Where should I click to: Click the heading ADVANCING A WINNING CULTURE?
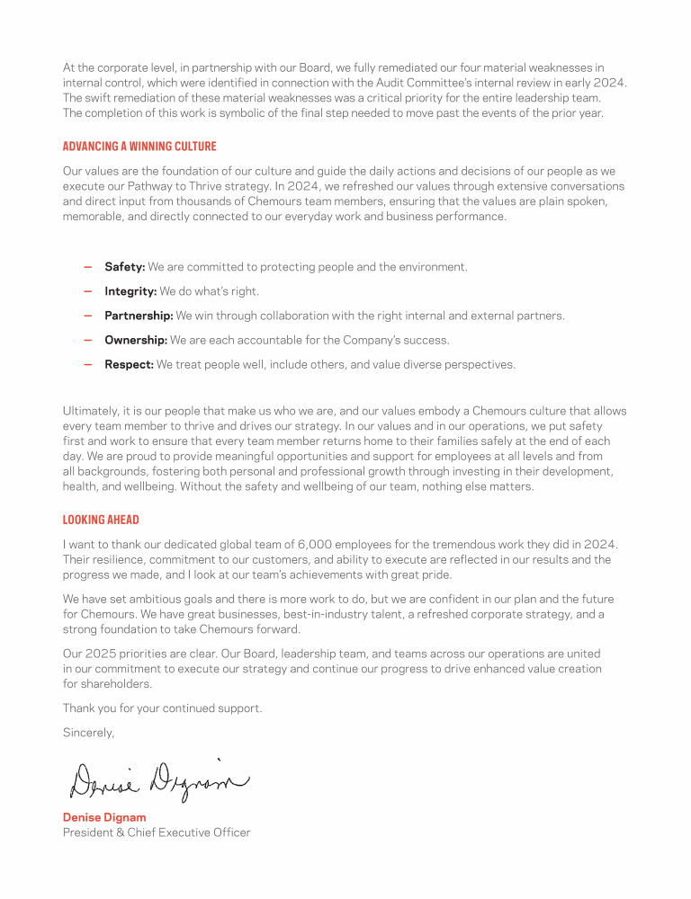coord(139,147)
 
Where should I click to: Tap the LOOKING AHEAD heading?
coord(101,520)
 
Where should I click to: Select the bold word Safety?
coord(125,267)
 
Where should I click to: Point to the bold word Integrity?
coord(130,291)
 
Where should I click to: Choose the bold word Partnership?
coord(139,316)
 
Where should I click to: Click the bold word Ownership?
coord(136,340)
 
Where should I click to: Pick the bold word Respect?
coord(130,364)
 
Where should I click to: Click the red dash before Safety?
coord(87,267)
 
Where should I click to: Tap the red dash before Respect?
coord(87,364)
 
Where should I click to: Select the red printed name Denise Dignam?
coord(104,817)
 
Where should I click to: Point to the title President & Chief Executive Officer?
coord(156,832)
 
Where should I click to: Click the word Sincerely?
coord(88,733)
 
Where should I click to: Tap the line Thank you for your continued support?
coord(162,708)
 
